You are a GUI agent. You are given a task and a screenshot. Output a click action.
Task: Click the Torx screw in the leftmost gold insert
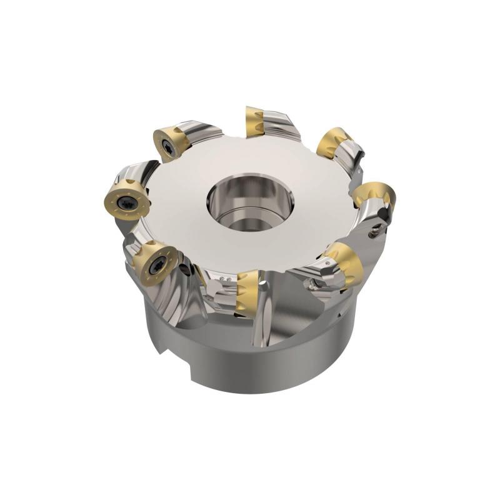pyautogui.click(x=126, y=201)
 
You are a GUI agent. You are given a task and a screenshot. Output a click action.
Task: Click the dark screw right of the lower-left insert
pyautogui.click(x=185, y=269)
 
